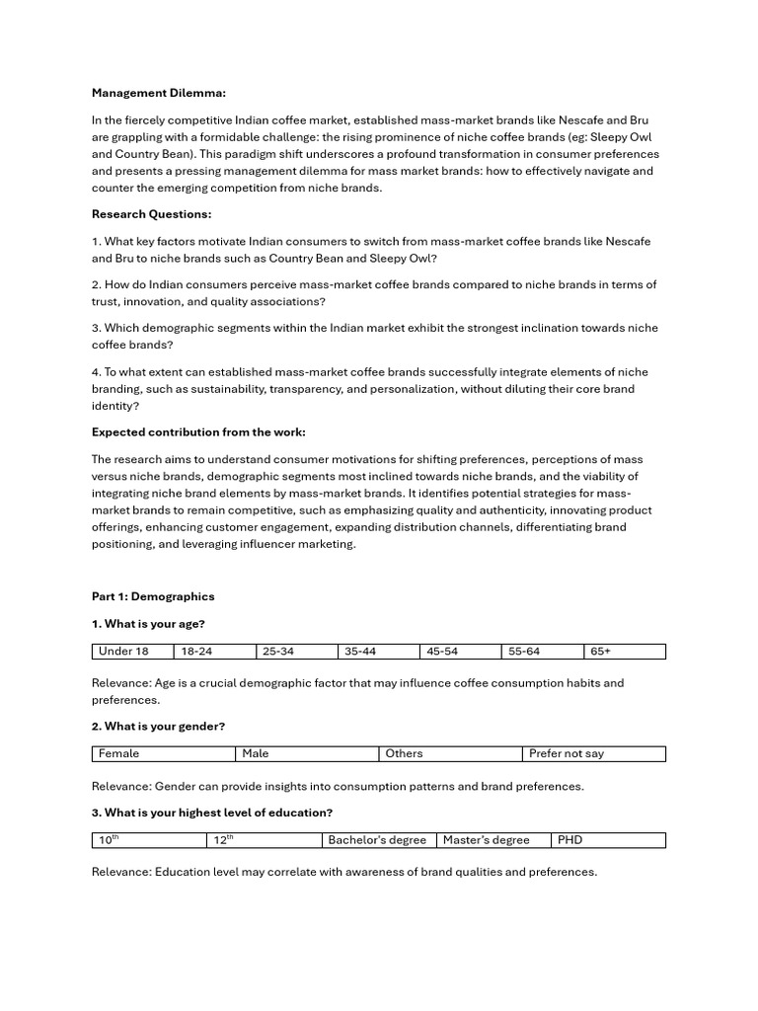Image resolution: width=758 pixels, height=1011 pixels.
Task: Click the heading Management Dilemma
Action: [159, 93]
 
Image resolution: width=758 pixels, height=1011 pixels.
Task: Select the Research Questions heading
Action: [151, 214]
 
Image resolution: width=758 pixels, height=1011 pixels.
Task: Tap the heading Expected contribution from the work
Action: [198, 431]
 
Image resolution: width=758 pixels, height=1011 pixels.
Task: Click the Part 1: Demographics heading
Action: [153, 596]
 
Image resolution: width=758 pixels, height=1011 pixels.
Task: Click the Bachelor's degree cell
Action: [378, 840]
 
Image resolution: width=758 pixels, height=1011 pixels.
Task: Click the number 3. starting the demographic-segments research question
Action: [97, 328]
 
